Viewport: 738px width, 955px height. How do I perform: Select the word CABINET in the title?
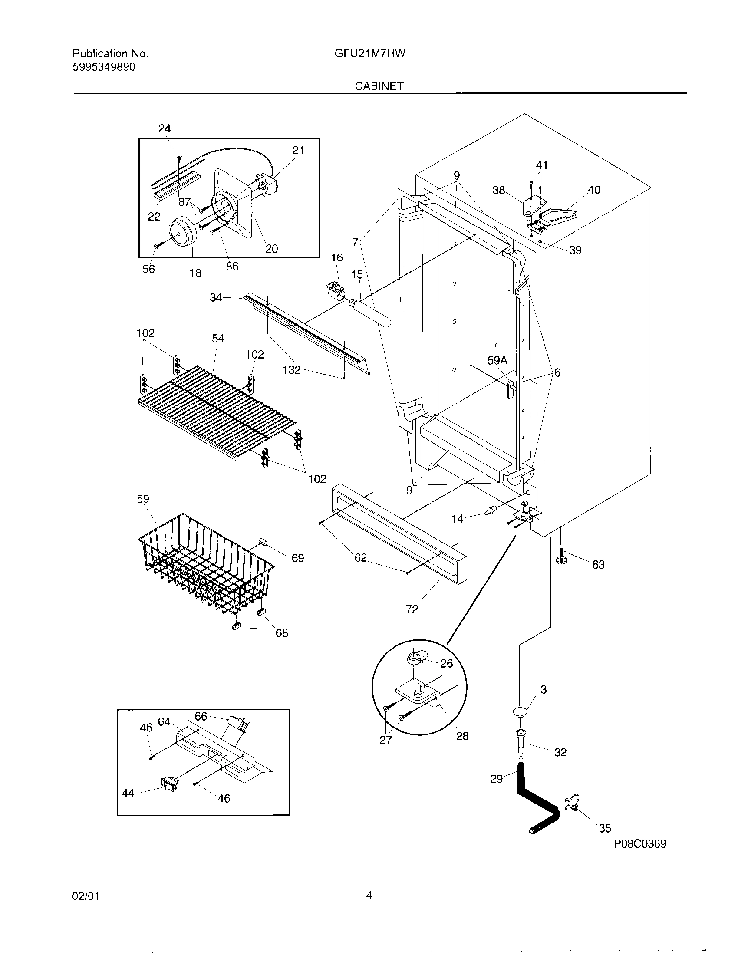(379, 86)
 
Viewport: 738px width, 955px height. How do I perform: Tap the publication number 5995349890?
(104, 67)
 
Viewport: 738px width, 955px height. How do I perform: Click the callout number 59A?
(497, 360)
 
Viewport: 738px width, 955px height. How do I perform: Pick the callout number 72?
(412, 609)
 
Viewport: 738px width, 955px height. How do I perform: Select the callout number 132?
(292, 370)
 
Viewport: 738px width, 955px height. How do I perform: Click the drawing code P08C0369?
(640, 856)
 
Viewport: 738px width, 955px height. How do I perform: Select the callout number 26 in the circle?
(446, 663)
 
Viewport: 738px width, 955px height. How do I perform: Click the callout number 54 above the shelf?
(218, 339)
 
